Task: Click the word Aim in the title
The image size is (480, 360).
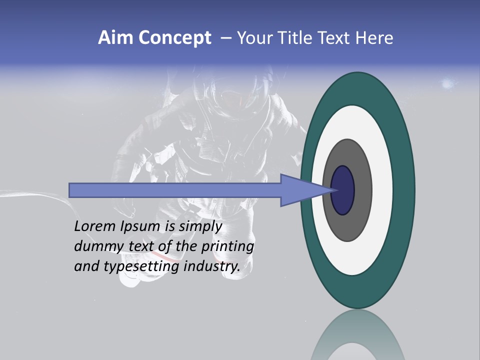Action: pos(115,38)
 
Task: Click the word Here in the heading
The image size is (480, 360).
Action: pos(374,38)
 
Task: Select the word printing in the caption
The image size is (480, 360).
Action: pos(227,247)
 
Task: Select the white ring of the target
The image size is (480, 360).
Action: pos(382,190)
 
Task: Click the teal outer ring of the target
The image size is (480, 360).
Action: pos(405,190)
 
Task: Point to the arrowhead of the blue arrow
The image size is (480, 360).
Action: pos(305,190)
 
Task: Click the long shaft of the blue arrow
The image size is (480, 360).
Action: pos(175,190)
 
